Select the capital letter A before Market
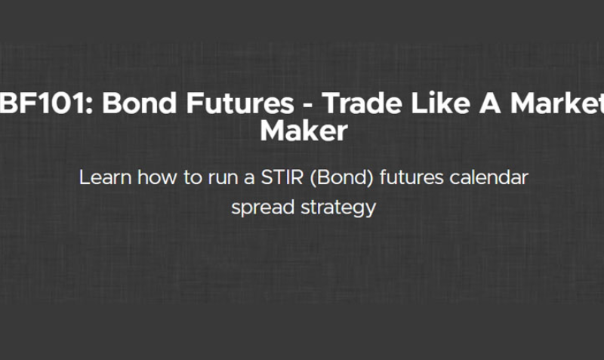pos(460,103)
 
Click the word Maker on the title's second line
pos(304,131)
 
